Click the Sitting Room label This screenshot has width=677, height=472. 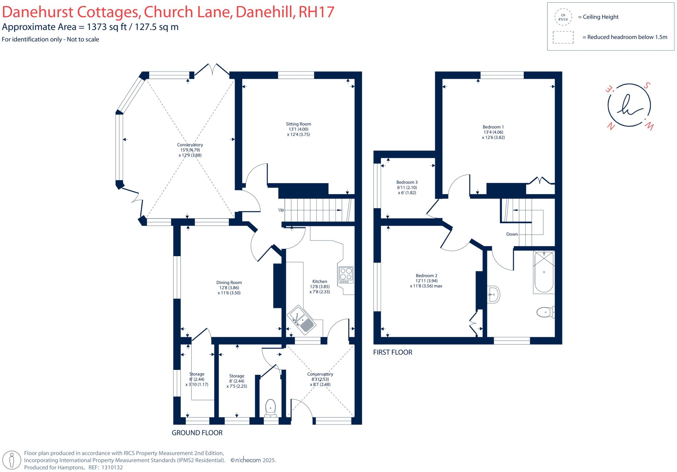point(299,124)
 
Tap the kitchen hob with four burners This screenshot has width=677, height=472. point(346,275)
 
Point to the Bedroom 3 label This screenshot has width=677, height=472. point(407,182)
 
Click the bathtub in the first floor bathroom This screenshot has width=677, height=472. point(544,272)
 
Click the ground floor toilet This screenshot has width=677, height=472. point(271,408)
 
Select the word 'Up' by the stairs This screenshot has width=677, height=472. point(281,210)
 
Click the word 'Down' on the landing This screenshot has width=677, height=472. point(512,234)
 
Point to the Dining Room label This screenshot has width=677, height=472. point(229,282)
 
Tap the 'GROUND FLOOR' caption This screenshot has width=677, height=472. point(197,433)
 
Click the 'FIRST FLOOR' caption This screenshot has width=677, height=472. point(393,352)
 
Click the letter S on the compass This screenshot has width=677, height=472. point(647,86)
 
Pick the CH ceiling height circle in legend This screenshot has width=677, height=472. point(563,17)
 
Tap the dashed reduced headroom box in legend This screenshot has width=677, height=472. point(563,37)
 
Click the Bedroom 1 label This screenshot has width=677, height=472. point(493,127)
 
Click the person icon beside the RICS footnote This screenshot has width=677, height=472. point(12,460)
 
